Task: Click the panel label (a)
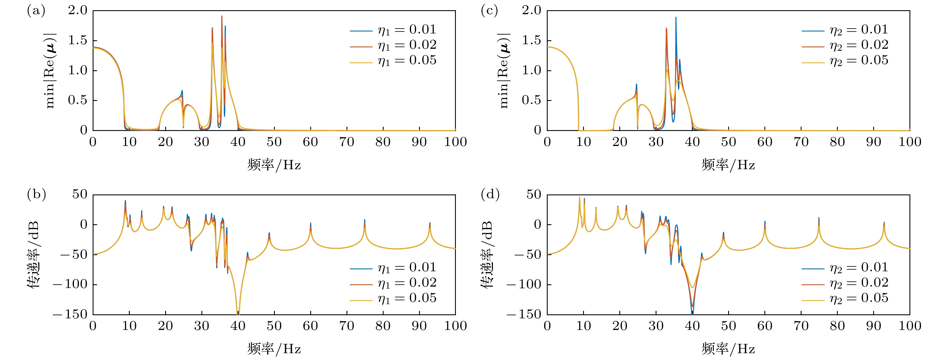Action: point(36,11)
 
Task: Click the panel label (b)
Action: point(36,194)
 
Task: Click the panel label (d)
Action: point(490,194)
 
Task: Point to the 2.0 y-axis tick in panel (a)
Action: point(77,11)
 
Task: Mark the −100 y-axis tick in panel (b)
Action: point(70,285)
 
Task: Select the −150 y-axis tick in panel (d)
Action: point(524,314)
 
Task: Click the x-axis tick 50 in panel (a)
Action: point(274,142)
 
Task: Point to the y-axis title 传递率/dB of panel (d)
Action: point(486,255)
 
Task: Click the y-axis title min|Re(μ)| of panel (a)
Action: point(50,71)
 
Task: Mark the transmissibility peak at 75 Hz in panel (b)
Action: point(365,221)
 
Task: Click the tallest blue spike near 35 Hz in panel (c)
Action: point(676,18)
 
